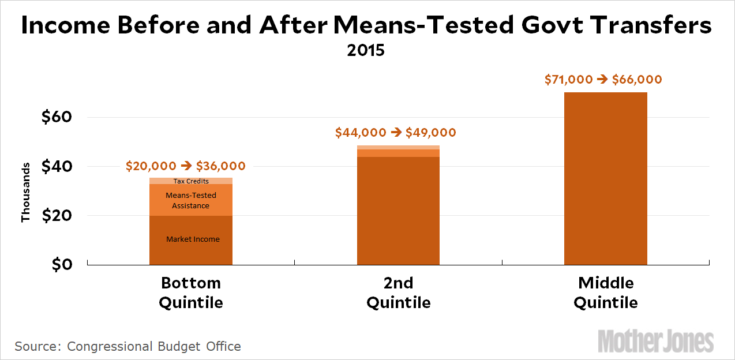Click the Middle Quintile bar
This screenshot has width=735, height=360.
click(x=606, y=178)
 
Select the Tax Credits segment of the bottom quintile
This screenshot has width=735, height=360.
click(x=191, y=181)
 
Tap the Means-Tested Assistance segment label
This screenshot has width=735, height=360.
click(x=191, y=200)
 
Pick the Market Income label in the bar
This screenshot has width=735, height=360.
click(x=193, y=239)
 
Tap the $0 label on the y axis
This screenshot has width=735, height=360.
click(x=62, y=265)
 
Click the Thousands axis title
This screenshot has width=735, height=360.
click(x=25, y=192)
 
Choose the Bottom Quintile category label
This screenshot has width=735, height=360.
click(x=191, y=292)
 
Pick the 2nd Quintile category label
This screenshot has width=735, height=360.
click(x=399, y=292)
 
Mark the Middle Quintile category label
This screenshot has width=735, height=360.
click(x=606, y=292)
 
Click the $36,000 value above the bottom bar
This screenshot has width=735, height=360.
click(x=220, y=166)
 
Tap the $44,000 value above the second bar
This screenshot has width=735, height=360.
click(x=361, y=133)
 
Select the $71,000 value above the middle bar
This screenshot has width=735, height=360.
click(x=568, y=80)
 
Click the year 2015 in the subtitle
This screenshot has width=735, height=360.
click(x=366, y=50)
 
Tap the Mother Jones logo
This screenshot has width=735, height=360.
click(x=656, y=341)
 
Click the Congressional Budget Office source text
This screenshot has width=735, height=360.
click(x=154, y=346)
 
